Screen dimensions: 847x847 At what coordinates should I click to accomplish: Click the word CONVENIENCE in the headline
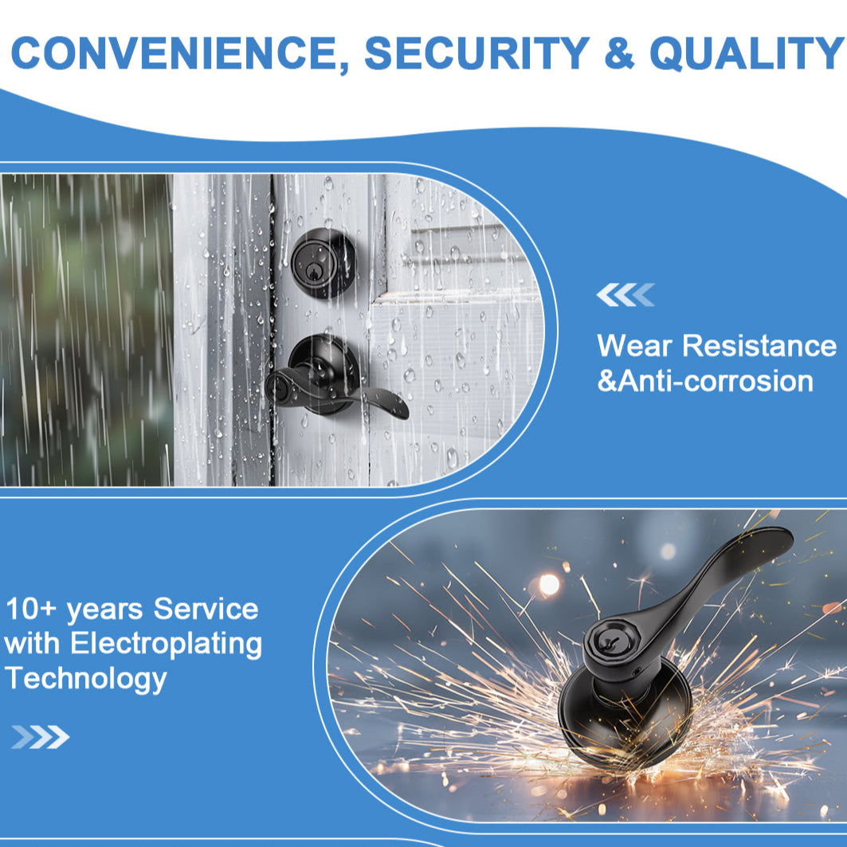(x=180, y=53)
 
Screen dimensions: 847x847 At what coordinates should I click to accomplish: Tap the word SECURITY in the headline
(x=477, y=53)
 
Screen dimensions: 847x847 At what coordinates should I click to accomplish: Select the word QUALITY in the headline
(x=747, y=53)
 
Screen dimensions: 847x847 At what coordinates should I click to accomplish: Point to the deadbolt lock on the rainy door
(x=323, y=263)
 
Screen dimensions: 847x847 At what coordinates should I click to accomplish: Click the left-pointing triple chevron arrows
(x=625, y=295)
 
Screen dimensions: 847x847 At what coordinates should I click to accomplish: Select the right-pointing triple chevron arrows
(x=41, y=737)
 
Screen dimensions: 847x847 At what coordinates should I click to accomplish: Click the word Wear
(x=634, y=345)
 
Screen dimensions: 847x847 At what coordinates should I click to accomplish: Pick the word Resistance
(x=759, y=345)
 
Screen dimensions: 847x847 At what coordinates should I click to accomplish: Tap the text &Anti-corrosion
(x=705, y=381)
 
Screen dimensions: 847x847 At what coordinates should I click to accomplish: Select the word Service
(x=206, y=609)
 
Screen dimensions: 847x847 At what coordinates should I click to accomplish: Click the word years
(x=105, y=611)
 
